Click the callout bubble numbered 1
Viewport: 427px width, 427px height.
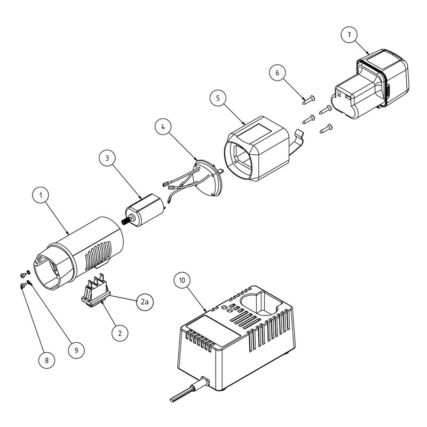point(41,195)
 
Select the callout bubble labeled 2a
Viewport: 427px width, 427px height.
point(145,302)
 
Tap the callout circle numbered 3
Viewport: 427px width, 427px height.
point(107,158)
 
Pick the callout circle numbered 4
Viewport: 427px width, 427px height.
point(163,127)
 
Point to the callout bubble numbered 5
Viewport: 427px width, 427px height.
point(218,98)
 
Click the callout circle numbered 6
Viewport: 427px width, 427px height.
point(278,73)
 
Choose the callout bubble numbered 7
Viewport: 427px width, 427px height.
point(349,35)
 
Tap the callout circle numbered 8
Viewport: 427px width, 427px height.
point(46,360)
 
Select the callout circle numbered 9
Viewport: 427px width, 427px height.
point(76,350)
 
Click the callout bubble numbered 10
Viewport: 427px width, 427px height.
point(182,280)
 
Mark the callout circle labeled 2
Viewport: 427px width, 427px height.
point(120,333)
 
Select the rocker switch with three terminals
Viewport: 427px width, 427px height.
point(96,291)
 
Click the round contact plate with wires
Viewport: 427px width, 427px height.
point(208,178)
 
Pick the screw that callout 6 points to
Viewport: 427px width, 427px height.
point(309,100)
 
